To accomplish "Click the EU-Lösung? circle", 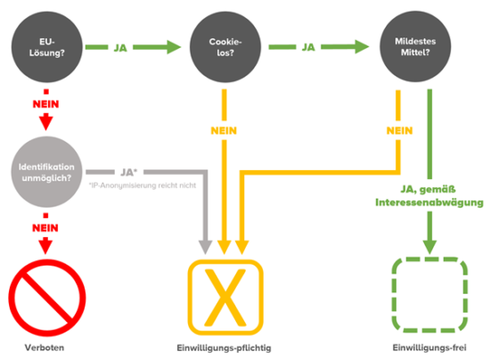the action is tap(47, 47).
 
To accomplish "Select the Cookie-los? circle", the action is tap(225, 47).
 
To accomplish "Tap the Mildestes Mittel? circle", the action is tap(415, 46).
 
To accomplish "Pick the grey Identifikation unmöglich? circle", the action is tap(47, 172).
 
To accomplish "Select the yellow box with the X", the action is tap(225, 298).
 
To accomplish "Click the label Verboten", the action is tap(45, 348).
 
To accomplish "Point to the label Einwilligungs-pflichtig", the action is tap(224, 348).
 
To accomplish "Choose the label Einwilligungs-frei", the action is tap(429, 348).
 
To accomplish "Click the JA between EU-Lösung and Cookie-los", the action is tap(120, 48).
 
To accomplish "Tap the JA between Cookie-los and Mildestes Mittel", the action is tap(308, 47).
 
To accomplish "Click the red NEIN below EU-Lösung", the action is tap(46, 104).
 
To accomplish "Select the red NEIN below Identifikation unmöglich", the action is tap(45, 228).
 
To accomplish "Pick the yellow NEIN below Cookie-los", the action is tap(224, 131).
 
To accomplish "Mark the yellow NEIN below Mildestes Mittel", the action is tap(400, 131).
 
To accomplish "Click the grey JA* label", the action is tap(129, 172).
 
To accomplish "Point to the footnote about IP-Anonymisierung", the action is tap(143, 185).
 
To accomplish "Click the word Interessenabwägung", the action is tap(429, 202).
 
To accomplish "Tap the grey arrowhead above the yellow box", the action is tap(205, 247).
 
